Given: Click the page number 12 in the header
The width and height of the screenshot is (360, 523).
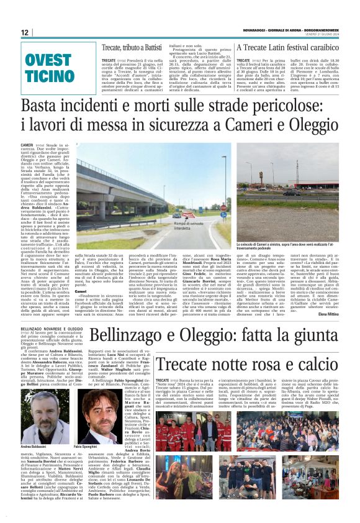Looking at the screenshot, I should pos(25,33).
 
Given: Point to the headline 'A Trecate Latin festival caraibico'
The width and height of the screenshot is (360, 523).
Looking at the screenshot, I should pos(287,48).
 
